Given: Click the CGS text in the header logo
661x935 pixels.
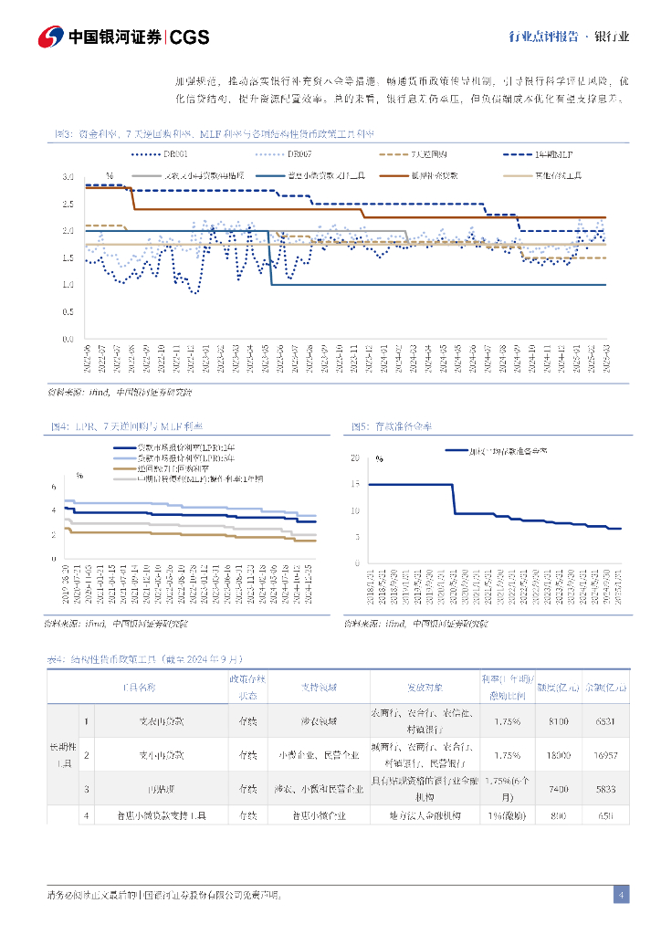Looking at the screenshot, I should (x=190, y=37).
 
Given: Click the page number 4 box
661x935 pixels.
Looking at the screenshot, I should (x=621, y=895).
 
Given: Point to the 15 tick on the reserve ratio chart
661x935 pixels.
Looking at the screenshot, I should (x=355, y=485).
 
